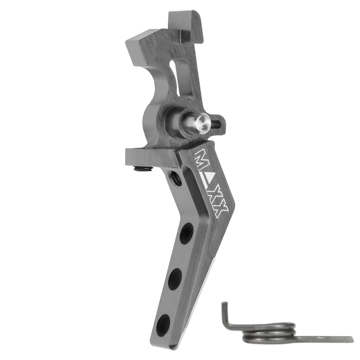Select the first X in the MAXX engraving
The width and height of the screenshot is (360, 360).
click(215, 195)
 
